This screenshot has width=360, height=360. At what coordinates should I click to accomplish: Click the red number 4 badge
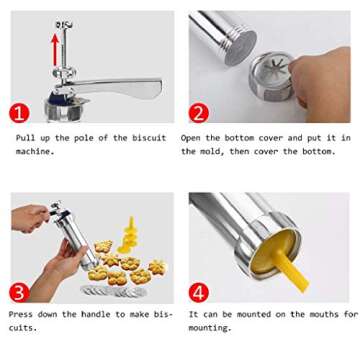click(x=197, y=292)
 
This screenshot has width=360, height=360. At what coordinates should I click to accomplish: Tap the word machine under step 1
click(x=33, y=151)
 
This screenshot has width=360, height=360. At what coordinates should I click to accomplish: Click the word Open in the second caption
click(x=192, y=138)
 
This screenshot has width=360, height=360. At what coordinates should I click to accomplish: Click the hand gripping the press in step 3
click(x=33, y=219)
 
